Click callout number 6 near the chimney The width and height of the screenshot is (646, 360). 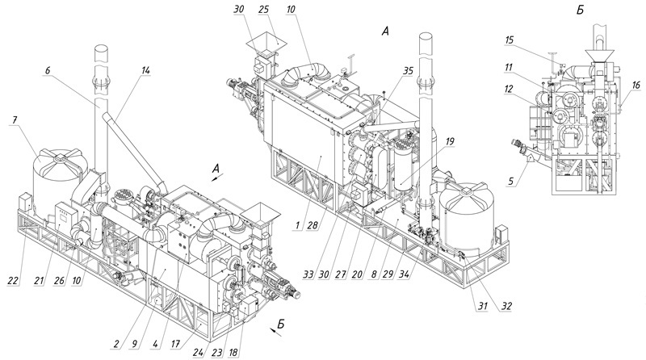point(48,70)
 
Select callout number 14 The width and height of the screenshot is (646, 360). point(145,70)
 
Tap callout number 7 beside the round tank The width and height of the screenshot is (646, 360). point(15,121)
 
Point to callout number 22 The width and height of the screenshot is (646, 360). point(13,280)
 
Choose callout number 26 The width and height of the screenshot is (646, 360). point(59,280)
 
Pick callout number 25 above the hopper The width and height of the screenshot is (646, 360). point(264,10)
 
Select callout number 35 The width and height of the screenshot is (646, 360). point(408,70)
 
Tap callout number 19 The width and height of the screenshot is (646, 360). point(449,141)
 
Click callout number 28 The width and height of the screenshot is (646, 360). point(312,226)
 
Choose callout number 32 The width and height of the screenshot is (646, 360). point(506,307)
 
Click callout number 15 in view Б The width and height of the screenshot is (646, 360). point(509,40)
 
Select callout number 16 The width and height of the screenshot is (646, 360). point(636,85)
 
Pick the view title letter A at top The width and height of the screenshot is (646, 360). point(385,31)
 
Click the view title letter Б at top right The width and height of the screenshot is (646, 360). point(580,10)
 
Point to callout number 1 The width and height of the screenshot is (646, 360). point(296,226)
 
